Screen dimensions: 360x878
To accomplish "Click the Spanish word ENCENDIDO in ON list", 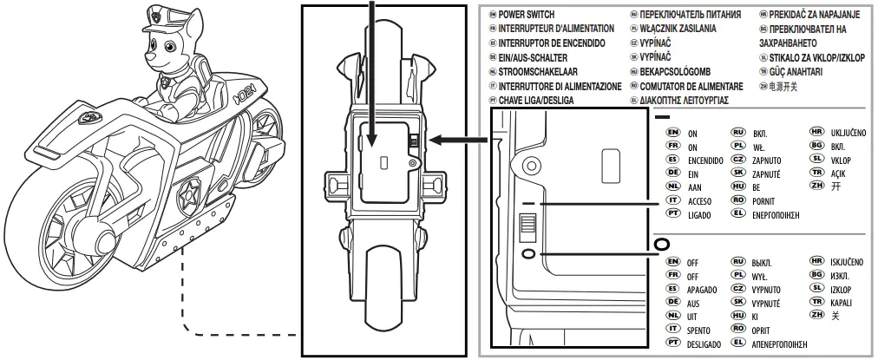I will tap(706, 161).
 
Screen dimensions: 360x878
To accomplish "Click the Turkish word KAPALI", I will tap(841, 303).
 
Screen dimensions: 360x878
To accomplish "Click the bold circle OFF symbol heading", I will tap(663, 245).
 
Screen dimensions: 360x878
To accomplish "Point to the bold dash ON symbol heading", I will tap(662, 116).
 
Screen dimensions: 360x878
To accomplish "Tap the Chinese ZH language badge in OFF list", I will tap(815, 317).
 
